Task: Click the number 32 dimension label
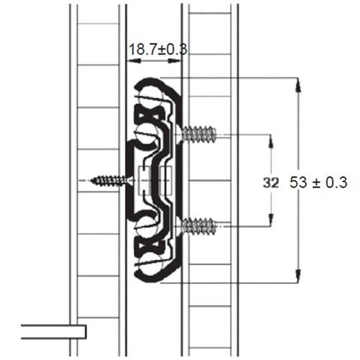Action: [250, 183]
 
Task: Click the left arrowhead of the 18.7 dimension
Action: [130, 62]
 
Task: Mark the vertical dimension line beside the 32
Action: [271, 166]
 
